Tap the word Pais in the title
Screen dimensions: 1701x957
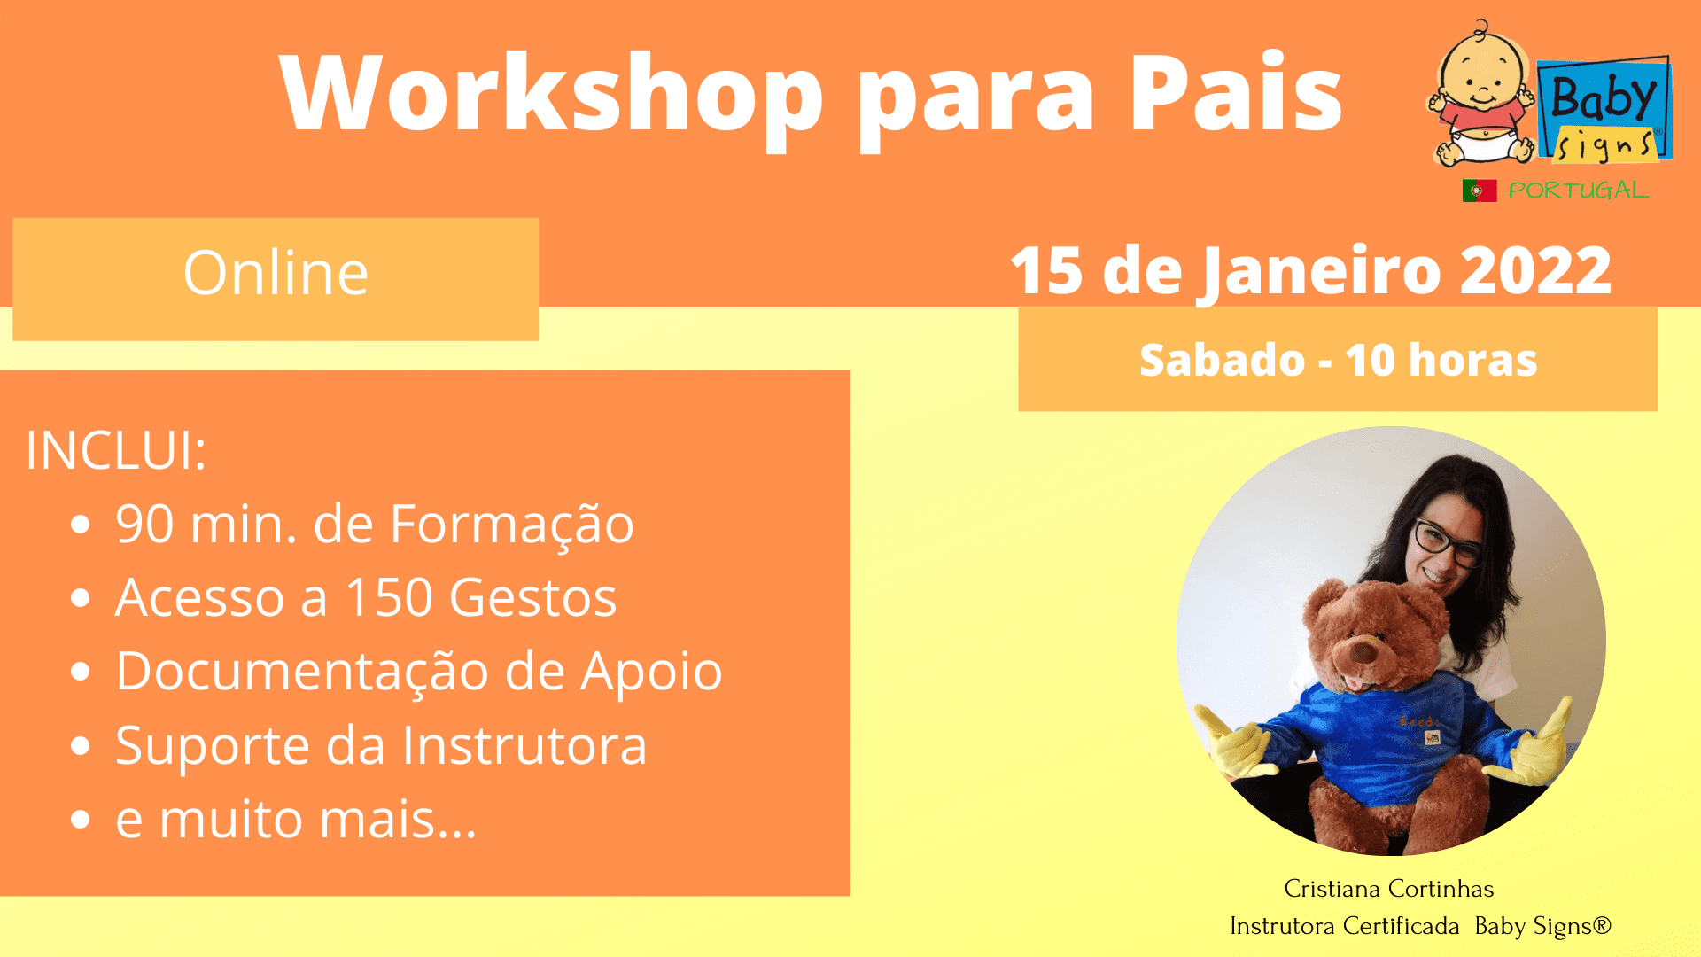click(1235, 92)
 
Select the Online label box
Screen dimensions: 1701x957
click(276, 278)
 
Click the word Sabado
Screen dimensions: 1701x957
click(1222, 360)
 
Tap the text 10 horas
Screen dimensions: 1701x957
click(1441, 360)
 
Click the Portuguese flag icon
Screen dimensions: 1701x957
click(1480, 191)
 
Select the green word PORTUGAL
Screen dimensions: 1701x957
click(1578, 191)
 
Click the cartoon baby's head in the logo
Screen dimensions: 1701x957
click(1481, 71)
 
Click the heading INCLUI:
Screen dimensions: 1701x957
click(116, 450)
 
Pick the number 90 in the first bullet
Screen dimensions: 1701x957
click(144, 524)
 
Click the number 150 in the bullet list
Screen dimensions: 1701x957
click(388, 597)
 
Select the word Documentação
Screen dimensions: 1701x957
click(302, 671)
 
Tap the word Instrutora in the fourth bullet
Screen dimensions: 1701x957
click(524, 745)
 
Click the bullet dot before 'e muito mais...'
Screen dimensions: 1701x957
click(81, 819)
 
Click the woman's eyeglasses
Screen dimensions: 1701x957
click(1446, 543)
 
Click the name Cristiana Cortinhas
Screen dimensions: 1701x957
click(1388, 889)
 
